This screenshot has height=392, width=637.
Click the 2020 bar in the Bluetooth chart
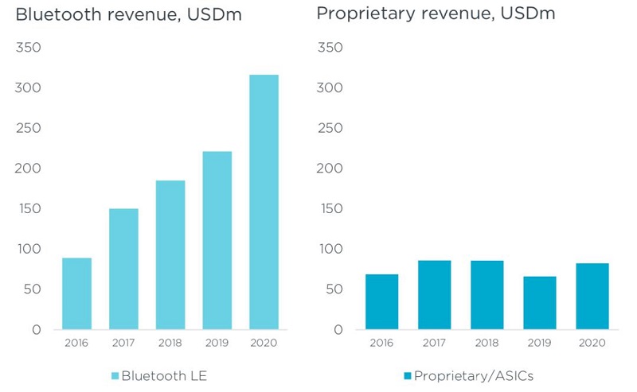[x=264, y=202]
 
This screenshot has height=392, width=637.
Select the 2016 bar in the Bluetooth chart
[x=76, y=293]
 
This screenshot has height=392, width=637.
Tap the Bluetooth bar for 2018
[x=170, y=254]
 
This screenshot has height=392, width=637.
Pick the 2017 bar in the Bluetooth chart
[x=123, y=269]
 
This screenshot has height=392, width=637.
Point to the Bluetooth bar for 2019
[x=217, y=240]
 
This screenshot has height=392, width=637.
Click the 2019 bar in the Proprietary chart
[x=539, y=302]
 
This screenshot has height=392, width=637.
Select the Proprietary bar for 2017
[x=435, y=294]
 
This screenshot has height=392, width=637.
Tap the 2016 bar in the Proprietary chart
[x=382, y=301]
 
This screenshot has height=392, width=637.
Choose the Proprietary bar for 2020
[x=592, y=296]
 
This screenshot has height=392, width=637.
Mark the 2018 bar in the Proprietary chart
[x=487, y=294]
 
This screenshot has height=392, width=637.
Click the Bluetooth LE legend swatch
[x=115, y=375]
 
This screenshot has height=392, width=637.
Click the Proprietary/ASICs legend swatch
[x=407, y=375]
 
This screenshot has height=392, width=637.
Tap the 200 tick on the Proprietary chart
[x=330, y=169]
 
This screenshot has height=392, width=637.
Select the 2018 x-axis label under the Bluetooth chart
[x=170, y=343]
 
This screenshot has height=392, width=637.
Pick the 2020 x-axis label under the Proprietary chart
[x=592, y=343]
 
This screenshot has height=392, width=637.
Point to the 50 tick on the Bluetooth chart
[x=32, y=289]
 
